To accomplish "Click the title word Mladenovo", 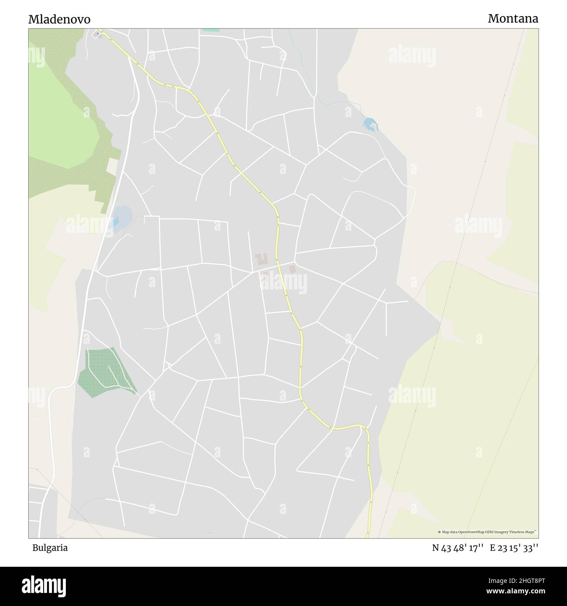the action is coord(59,19).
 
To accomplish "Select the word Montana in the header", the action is coord(513,18).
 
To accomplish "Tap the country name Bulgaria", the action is coord(50,548).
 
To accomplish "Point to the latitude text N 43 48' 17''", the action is coord(458,548).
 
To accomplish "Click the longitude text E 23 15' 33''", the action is coord(514,548).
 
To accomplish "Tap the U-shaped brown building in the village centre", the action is coord(262,259).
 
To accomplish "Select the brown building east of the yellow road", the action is coord(292,269).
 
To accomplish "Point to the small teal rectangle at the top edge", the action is coord(211,30).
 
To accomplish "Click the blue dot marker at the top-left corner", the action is coord(98,33).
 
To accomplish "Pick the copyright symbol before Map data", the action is coord(440,532).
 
